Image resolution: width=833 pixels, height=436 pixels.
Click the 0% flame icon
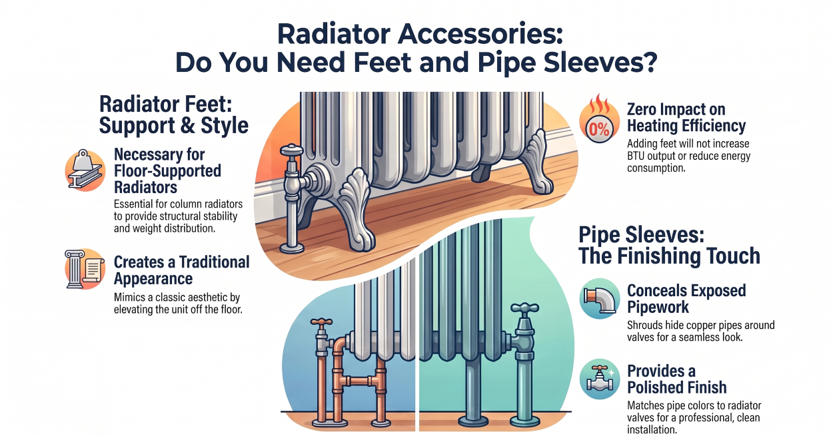coord(599,120)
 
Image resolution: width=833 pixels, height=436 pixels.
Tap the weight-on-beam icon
coord(85,170)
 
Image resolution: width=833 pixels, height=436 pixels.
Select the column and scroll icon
coord(85,269)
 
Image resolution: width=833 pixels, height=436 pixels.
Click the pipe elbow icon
coord(600,299)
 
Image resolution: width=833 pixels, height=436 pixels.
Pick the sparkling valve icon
coord(600,379)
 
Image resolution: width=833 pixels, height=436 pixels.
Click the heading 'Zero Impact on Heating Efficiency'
coord(686,117)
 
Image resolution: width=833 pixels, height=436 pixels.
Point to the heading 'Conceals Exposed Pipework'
coord(686,299)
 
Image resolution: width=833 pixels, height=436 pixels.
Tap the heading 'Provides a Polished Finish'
coord(677,379)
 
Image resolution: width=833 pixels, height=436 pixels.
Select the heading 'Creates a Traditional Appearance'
coord(181,270)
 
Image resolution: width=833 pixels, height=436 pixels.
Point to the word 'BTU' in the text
coord(636,156)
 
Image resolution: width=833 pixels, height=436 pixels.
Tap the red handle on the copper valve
coord(321,322)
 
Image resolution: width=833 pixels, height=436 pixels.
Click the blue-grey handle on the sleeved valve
coord(524,308)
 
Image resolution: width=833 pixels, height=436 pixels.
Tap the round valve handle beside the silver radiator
coord(292,150)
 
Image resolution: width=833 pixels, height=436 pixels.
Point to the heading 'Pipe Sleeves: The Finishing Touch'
coord(669,246)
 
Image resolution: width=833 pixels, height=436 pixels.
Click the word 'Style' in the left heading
coord(225,126)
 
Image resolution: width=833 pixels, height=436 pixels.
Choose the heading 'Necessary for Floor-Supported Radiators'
coord(167,171)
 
